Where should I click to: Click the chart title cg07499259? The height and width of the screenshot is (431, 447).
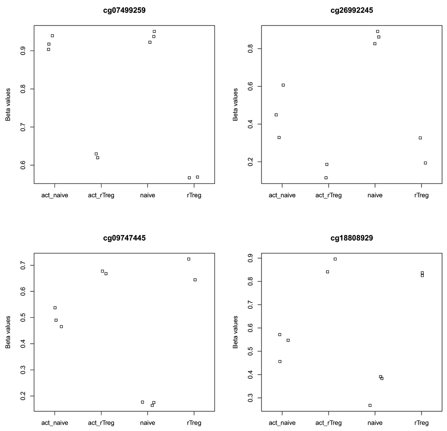coord(124,10)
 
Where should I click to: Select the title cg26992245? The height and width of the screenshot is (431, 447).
coord(352,10)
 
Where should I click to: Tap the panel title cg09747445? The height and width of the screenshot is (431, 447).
coord(124,238)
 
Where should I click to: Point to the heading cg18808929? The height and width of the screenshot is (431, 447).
coord(352,238)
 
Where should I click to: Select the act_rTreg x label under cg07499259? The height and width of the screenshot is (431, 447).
coord(101,195)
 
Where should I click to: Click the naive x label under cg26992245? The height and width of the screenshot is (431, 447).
coord(375,195)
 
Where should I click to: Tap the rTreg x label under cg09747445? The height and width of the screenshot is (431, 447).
coord(194,423)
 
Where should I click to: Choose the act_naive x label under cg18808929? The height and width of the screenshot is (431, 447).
coord(282,423)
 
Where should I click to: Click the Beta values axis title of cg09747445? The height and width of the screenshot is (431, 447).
coord(8,332)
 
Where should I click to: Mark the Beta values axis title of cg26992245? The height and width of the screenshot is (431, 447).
coord(235,104)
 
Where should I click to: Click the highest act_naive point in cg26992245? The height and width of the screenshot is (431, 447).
coord(283,85)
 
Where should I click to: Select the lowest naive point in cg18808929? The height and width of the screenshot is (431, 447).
coord(370,405)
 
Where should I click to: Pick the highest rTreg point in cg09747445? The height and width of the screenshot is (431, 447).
coord(189,259)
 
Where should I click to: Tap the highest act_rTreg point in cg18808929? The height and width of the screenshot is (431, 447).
coord(335,259)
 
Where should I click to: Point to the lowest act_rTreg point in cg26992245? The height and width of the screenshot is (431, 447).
coord(326,178)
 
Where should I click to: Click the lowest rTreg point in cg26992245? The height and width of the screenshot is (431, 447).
coord(425,163)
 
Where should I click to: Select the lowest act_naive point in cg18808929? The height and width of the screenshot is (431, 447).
coord(280,362)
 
